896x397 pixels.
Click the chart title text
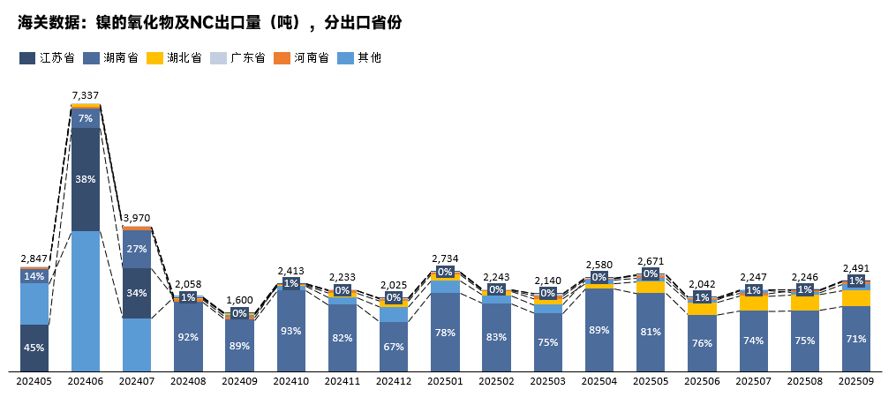coord(210,23)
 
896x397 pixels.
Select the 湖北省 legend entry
coord(174,58)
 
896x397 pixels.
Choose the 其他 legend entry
coord(361,58)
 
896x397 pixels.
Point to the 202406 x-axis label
coord(86,381)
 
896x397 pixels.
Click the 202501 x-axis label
coord(445,381)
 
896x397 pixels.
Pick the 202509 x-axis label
coord(855,381)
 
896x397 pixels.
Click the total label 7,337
coord(86,95)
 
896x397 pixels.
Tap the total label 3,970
coord(137,218)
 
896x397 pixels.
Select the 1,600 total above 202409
coord(239,300)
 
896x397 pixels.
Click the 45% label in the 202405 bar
coord(34,348)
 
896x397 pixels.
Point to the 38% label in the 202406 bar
coord(86,179)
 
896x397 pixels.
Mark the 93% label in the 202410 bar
coord(290,331)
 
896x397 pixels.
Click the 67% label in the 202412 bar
coord(394,346)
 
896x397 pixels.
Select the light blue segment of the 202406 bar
coord(86,300)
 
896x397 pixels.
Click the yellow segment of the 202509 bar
coord(855,298)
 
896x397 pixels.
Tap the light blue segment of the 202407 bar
coord(137,344)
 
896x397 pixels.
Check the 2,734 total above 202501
coord(445,258)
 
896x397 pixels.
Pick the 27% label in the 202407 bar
coord(137,250)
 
